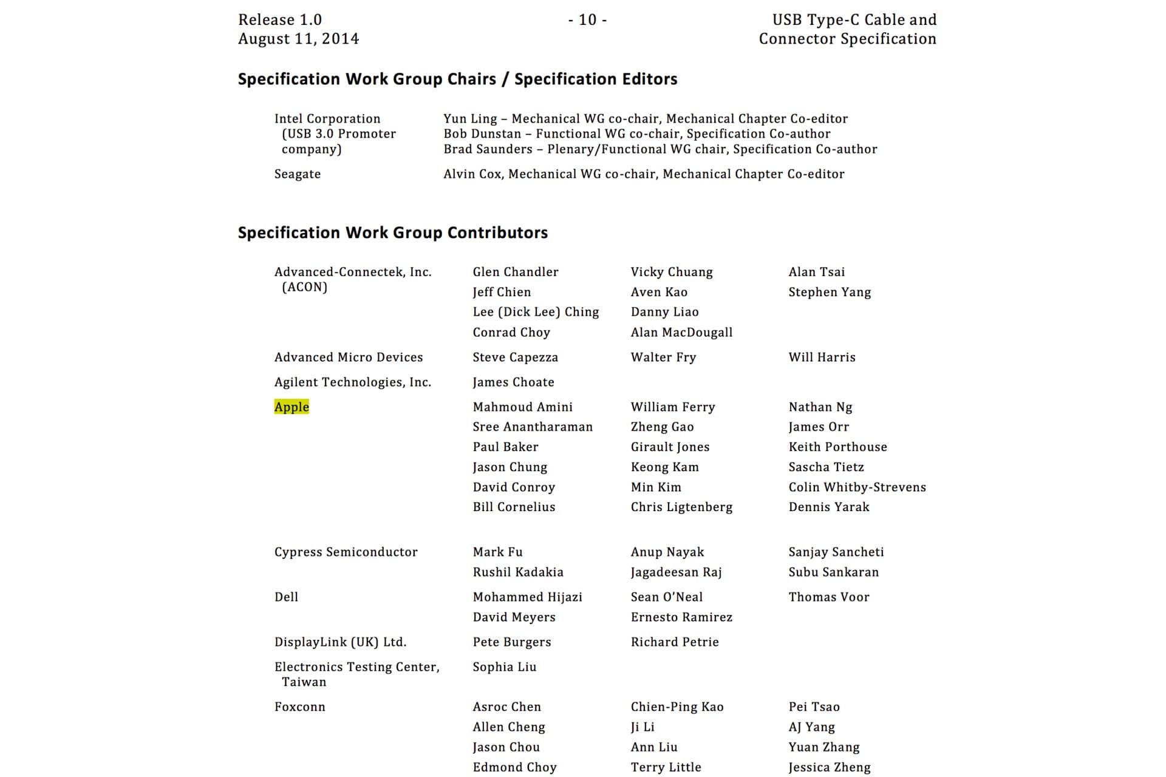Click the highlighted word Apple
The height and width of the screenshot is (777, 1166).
[291, 407]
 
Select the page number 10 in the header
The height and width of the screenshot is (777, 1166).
[587, 20]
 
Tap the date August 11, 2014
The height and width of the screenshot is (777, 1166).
[298, 39]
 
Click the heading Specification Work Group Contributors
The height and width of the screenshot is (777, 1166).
[392, 232]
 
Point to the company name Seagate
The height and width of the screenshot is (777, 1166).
[297, 174]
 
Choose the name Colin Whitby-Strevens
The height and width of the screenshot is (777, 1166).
[857, 487]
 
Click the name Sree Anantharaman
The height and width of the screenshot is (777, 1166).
[533, 427]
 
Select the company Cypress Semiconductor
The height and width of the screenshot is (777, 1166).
[346, 552]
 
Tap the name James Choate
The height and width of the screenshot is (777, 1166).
[513, 382]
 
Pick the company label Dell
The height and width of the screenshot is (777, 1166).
[286, 597]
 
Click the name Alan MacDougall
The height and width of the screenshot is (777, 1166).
[681, 332]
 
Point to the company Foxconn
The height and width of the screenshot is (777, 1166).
[299, 707]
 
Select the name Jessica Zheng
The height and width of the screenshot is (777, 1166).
[829, 767]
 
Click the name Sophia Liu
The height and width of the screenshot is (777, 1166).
[504, 667]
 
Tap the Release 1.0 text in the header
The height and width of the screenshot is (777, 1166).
[280, 20]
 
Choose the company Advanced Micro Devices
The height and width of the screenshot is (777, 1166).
[349, 357]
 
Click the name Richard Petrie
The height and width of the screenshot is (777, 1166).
[674, 642]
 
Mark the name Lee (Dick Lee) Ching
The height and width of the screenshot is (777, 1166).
[536, 312]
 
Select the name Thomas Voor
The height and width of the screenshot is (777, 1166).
[828, 597]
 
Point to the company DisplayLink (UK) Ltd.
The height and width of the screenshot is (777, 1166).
[340, 642]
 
